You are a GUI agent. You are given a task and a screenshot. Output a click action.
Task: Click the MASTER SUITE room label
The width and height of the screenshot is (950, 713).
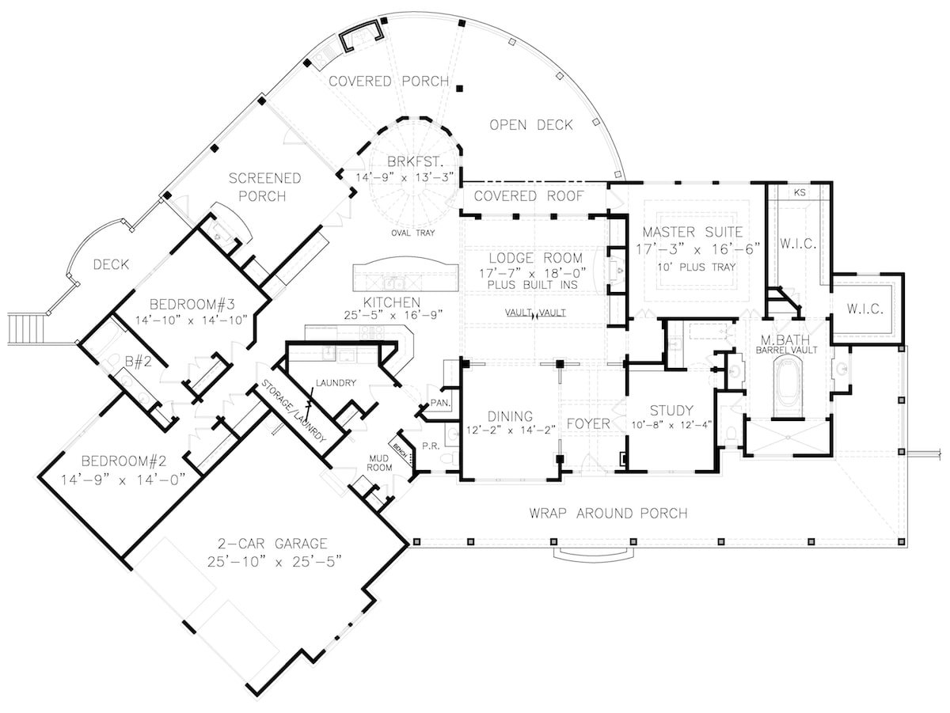coord(693,232)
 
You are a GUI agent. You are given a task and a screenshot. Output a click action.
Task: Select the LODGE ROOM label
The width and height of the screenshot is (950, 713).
coord(535,258)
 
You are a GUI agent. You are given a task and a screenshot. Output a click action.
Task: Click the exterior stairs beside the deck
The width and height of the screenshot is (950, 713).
coord(24,328)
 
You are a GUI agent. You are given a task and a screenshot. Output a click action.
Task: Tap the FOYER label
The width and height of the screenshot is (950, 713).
coord(589,423)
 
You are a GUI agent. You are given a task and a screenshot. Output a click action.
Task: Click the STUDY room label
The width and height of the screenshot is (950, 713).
coord(671,410)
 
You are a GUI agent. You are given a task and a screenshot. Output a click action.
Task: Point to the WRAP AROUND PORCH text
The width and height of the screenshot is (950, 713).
coord(608,514)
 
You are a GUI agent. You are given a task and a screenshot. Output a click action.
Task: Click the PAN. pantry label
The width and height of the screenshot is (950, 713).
coord(439,404)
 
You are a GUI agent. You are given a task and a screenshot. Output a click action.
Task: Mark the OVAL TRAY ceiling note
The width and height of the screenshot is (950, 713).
coord(410,233)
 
